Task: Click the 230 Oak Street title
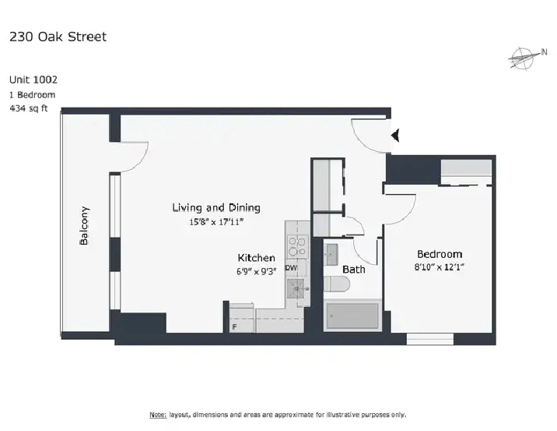click(x=58, y=37)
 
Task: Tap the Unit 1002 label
click(x=33, y=79)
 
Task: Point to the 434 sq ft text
click(x=29, y=108)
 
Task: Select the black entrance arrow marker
click(x=395, y=136)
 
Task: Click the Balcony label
click(x=84, y=226)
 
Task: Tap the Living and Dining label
click(x=216, y=207)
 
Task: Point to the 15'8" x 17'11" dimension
click(x=216, y=222)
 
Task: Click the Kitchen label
click(x=256, y=258)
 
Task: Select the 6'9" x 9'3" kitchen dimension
click(x=256, y=271)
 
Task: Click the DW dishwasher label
click(x=291, y=268)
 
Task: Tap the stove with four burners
click(x=297, y=246)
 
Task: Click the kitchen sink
click(x=296, y=289)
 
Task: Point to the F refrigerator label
click(x=234, y=327)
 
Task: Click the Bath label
click(x=354, y=270)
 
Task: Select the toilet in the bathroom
click(x=337, y=284)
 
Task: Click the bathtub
click(x=352, y=316)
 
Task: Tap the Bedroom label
click(x=440, y=254)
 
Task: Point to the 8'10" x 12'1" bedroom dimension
click(x=440, y=267)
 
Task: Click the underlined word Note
click(x=158, y=415)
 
